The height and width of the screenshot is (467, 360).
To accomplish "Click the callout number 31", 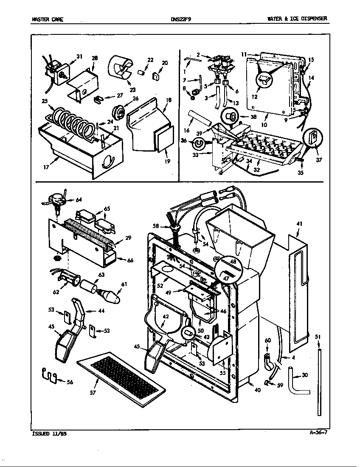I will point(79,56).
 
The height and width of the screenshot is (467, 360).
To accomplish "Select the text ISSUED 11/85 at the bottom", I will point(49,433).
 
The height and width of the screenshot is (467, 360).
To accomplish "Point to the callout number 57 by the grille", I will point(93,393).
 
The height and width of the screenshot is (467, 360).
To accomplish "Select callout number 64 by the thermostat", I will point(79,200).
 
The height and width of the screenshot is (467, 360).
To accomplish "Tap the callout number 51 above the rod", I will point(318,337).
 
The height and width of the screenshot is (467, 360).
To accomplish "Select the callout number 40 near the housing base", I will point(257,390).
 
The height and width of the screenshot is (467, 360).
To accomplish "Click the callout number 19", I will point(167,161).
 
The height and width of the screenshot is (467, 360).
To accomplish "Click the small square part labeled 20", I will point(155,77).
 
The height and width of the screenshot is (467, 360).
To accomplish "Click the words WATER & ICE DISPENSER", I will point(297,19).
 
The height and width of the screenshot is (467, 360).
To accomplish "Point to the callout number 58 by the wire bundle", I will point(156,226).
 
